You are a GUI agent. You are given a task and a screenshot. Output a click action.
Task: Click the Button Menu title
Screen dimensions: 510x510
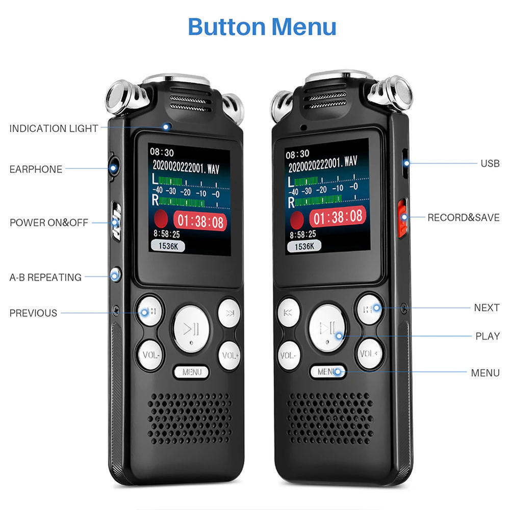[x=262, y=26]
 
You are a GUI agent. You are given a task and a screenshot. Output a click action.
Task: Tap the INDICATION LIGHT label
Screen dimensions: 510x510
[x=54, y=129]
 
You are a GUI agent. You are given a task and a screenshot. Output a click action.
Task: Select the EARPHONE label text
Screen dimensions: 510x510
[x=36, y=169]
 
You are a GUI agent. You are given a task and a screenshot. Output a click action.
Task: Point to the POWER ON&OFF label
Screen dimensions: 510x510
[x=49, y=223]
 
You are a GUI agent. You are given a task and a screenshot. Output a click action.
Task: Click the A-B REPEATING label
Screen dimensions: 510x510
[x=45, y=277]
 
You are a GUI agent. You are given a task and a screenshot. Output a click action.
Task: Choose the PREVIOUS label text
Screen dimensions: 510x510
[x=33, y=313]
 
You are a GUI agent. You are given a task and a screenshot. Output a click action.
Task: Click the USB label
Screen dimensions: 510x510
[x=490, y=164]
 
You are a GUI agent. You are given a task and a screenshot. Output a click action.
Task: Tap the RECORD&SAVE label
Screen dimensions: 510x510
[x=463, y=218]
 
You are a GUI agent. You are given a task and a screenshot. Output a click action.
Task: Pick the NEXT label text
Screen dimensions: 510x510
[x=487, y=308]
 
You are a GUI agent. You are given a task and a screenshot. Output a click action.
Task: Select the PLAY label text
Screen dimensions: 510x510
[x=488, y=336]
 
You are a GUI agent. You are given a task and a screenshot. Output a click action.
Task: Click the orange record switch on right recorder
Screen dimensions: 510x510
[x=402, y=218]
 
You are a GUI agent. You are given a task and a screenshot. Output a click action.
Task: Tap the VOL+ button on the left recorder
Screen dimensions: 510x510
[x=229, y=354]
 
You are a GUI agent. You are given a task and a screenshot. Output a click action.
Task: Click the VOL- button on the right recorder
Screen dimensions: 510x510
[x=289, y=354]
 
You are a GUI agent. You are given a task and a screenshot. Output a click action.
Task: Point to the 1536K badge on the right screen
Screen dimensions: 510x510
[x=304, y=246]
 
